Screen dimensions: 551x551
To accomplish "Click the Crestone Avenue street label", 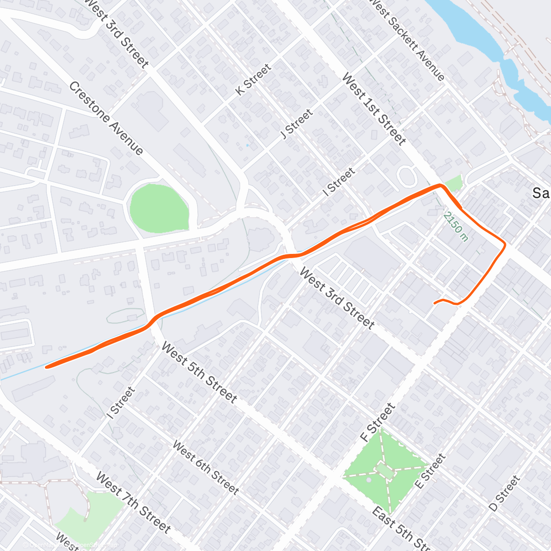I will tap(107, 118).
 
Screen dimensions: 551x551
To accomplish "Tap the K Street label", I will tap(253, 80).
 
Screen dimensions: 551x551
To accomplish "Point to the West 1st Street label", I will tap(374, 109).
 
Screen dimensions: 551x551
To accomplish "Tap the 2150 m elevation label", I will tap(456, 226).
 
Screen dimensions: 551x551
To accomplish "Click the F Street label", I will tap(377, 422).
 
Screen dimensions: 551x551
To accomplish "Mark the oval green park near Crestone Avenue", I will tap(159, 207).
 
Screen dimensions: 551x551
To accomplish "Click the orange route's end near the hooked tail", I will tap(434, 303).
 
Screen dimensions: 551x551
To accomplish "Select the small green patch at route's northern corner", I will tap(454, 183).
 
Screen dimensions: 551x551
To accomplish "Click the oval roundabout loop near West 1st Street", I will tap(406, 176).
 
